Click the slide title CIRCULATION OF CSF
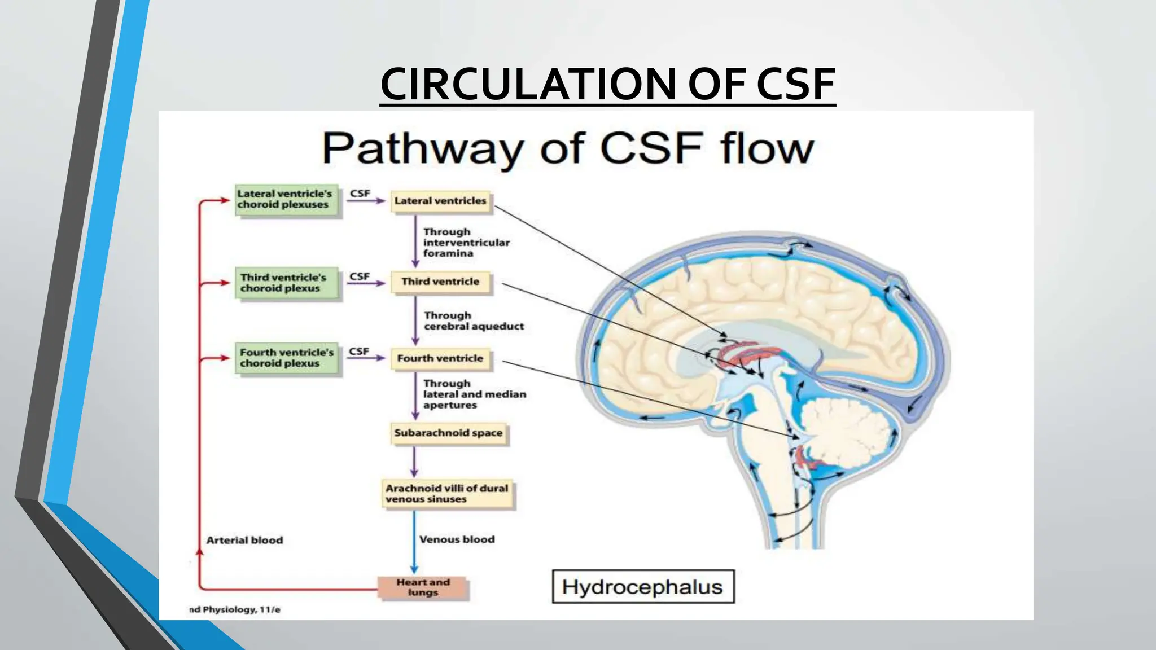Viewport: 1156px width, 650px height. [607, 84]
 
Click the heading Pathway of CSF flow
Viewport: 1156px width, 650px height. [567, 148]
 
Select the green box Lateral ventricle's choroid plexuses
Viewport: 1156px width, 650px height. [287, 199]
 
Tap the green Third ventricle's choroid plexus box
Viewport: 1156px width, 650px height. [286, 283]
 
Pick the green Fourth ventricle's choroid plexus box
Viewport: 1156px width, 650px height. [287, 358]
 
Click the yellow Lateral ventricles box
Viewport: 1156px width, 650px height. [441, 201]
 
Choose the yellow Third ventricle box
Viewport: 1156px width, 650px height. [440, 282]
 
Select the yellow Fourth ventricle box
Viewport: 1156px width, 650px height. [440, 358]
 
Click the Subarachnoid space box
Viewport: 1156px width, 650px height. [448, 433]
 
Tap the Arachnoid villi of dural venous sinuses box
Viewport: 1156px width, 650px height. [447, 494]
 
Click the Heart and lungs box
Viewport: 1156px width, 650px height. [423, 587]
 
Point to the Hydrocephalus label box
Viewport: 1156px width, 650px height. [642, 587]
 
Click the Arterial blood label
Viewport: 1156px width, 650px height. [244, 540]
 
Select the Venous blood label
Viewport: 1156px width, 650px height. [457, 539]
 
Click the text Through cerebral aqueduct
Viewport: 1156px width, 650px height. [473, 320]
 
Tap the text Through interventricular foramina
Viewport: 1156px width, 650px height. [466, 243]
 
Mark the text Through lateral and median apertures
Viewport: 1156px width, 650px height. [474, 394]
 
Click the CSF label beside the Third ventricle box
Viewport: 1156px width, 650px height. [360, 276]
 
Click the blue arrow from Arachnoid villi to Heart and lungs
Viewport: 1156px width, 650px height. [414, 542]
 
